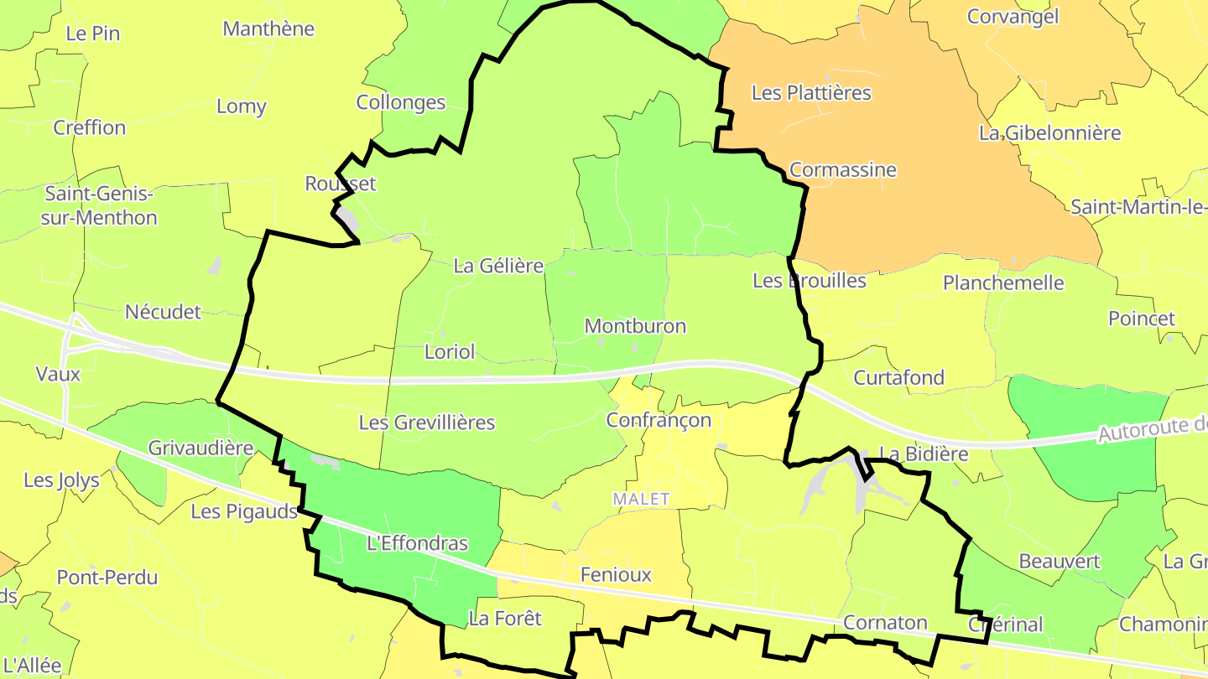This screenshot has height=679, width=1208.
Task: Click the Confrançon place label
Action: point(659,420)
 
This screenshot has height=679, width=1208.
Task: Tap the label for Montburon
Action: point(635,326)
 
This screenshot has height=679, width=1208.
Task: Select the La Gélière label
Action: point(498,266)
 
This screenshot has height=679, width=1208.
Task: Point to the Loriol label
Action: point(450,352)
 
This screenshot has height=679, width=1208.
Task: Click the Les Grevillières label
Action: point(427,422)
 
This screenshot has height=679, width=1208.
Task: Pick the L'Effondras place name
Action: point(418,543)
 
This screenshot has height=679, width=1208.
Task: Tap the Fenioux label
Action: point(616,575)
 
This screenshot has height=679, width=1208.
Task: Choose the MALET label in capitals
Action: point(642,499)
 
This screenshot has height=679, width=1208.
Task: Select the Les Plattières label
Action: point(811,93)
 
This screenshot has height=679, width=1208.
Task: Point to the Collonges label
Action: point(401,102)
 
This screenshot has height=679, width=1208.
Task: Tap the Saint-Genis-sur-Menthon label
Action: point(101,205)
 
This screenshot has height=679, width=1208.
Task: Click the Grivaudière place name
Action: point(200,448)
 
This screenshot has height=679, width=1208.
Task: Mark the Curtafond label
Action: point(898,378)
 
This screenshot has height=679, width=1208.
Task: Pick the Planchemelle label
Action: point(1003,283)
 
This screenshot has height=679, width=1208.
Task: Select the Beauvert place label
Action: point(1059,561)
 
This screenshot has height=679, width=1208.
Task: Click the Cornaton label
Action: point(885,623)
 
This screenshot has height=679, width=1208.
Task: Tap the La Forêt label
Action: point(505,619)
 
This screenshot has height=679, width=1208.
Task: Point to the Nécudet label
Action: point(163,313)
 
